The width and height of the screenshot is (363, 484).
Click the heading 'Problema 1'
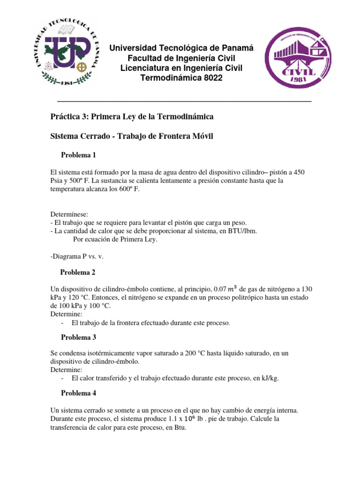[x=78, y=155]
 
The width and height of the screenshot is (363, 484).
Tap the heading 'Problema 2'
[x=78, y=272]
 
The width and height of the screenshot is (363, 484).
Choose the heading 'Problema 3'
[x=78, y=337]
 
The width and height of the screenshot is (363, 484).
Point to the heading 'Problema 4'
[x=78, y=393]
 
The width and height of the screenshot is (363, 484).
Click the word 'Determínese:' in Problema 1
[x=69, y=214]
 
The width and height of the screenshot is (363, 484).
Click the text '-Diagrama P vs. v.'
[x=77, y=256]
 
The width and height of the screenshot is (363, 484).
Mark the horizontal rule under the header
[x=184, y=101]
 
